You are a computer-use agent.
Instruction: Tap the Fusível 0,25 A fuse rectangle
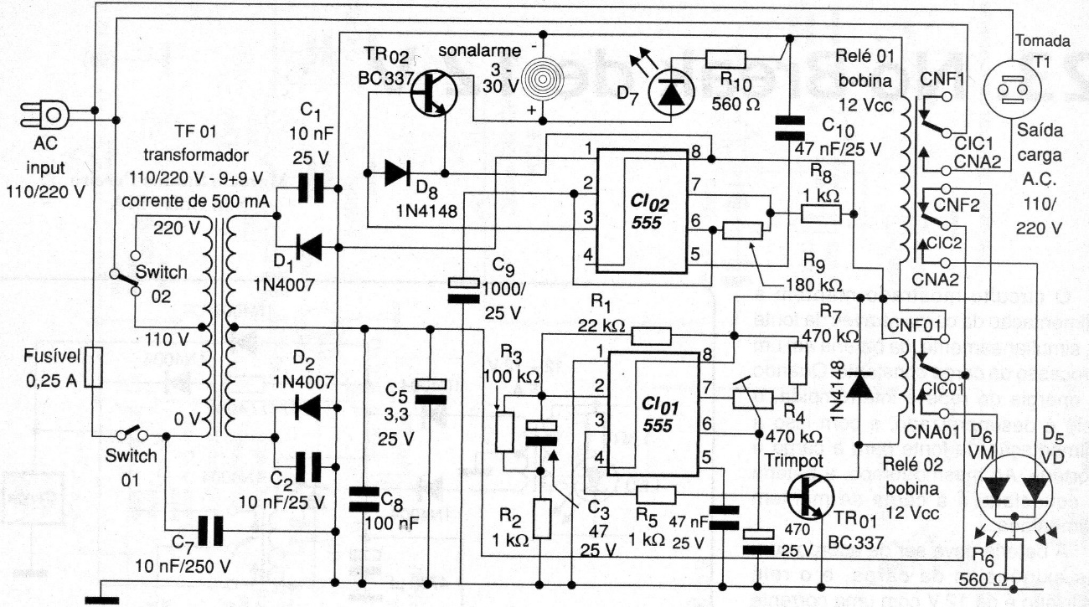97,368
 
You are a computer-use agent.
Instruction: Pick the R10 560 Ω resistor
726,58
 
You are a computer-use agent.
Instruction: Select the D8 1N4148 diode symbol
395,174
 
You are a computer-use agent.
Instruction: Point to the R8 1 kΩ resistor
823,214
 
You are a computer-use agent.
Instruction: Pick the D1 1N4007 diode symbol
311,246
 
